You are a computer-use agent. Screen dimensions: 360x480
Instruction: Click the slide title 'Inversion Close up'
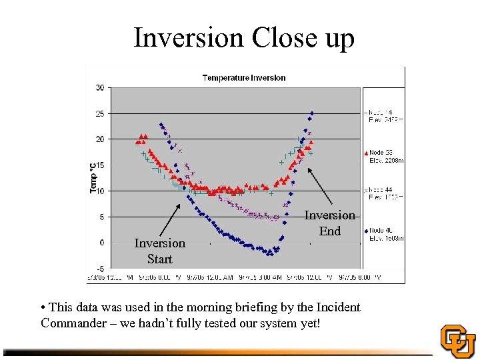(x=243, y=38)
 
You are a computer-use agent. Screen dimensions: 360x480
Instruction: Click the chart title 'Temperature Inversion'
(x=244, y=77)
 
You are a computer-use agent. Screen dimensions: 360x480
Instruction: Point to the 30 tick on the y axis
(x=99, y=87)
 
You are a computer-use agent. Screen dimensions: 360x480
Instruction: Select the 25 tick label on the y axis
(x=99, y=113)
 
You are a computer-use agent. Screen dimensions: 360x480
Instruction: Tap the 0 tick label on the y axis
(x=101, y=243)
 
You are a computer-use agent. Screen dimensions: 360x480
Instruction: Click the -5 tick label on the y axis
(x=99, y=269)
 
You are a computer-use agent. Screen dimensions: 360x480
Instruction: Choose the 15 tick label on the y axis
(x=99, y=165)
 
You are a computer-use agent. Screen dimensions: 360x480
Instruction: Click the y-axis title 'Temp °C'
(x=93, y=178)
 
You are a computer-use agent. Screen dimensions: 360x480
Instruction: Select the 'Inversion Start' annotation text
(x=159, y=251)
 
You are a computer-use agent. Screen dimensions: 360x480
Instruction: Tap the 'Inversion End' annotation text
(x=329, y=223)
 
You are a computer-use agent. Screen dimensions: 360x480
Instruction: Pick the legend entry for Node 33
(x=385, y=156)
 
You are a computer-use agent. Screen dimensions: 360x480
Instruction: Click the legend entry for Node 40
(x=385, y=234)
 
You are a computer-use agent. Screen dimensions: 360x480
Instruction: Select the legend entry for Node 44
(x=385, y=193)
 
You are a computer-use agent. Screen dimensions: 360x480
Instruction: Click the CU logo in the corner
(x=458, y=341)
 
